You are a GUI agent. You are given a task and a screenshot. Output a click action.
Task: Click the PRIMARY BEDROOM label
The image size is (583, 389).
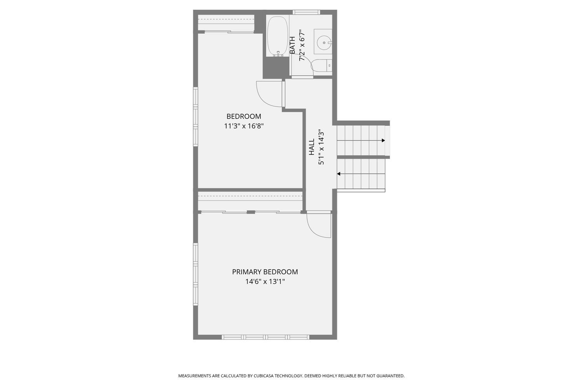[265, 272]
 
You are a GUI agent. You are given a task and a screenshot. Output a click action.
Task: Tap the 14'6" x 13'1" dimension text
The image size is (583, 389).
[265, 282]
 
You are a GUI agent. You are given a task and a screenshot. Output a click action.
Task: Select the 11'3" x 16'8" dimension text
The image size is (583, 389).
[244, 126]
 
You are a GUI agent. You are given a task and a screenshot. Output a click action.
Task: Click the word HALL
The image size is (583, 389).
[312, 147]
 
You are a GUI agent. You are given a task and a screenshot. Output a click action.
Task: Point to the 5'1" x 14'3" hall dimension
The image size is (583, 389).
[321, 147]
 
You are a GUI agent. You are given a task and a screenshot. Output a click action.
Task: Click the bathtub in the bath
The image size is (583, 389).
[278, 35]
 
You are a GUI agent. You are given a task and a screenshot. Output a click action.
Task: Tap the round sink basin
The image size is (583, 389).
[324, 41]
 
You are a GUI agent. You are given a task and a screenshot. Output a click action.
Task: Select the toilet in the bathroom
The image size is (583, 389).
[321, 66]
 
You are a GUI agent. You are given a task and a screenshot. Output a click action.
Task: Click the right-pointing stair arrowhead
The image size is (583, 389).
[383, 140]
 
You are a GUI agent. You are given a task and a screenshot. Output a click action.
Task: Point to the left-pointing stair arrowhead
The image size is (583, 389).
[339, 174]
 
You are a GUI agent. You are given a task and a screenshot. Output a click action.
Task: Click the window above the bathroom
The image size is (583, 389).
[306, 12]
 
